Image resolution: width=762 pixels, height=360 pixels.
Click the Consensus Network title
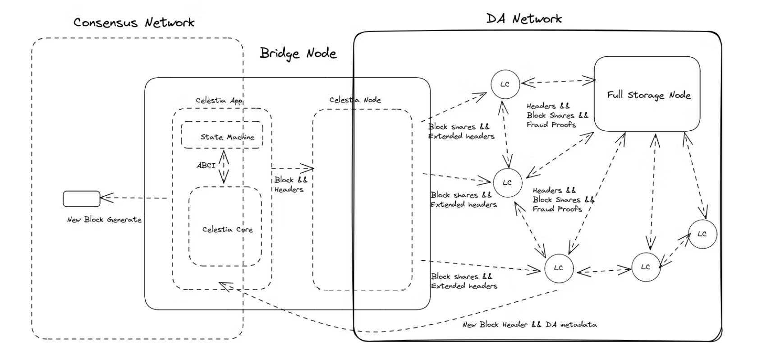pyautogui.click(x=134, y=23)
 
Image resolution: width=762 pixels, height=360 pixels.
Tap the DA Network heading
pyautogui.click(x=524, y=19)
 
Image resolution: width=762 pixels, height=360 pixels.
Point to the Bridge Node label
pyautogui.click(x=298, y=53)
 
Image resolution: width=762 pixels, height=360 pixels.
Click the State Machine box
pyautogui.click(x=222, y=135)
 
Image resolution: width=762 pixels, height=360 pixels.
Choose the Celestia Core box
pyautogui.click(x=225, y=226)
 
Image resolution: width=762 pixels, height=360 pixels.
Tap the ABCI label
pyautogui.click(x=206, y=166)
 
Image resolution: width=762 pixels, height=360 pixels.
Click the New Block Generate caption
pyautogui.click(x=104, y=220)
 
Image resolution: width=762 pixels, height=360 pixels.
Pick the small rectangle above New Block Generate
pyautogui.click(x=82, y=198)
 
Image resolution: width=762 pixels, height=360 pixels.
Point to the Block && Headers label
pyautogui.click(x=290, y=185)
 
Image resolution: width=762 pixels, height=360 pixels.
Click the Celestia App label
pyautogui.click(x=219, y=100)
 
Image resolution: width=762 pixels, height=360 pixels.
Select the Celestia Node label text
pyautogui.click(x=355, y=100)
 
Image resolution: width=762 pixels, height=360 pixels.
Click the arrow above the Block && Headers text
pyautogui.click(x=293, y=169)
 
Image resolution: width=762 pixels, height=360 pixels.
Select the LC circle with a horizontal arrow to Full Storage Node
pyautogui.click(x=505, y=84)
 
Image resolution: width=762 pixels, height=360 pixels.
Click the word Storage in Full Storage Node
pyautogui.click(x=646, y=95)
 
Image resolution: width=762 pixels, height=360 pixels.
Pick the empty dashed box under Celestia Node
pyautogui.click(x=362, y=198)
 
